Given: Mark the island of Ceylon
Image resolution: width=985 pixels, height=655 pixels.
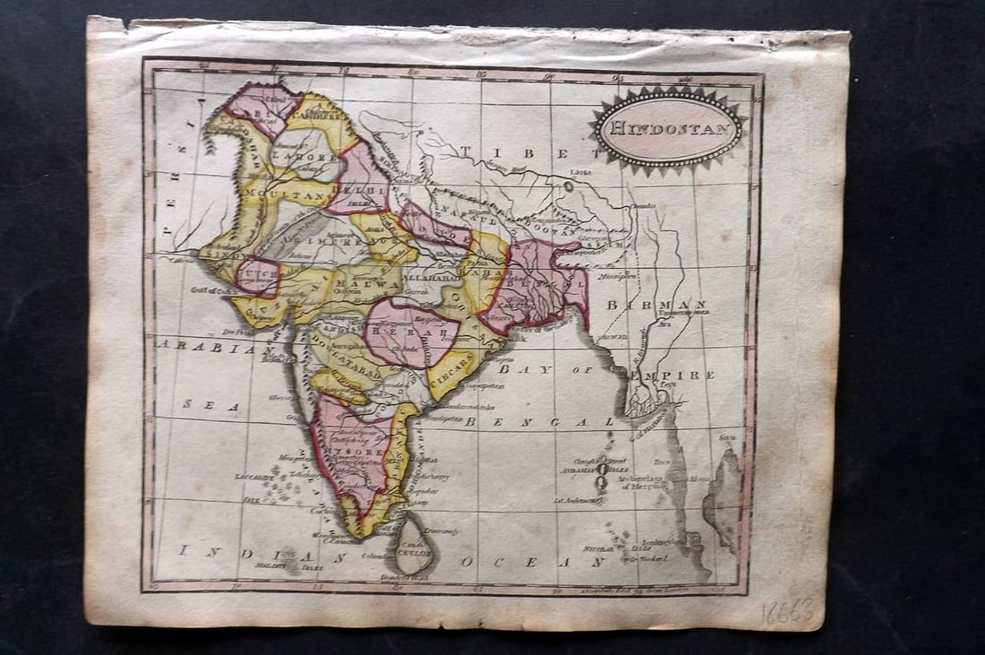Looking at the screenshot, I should click(415, 541).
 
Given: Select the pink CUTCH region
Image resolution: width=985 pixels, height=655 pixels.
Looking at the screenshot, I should click(256, 275).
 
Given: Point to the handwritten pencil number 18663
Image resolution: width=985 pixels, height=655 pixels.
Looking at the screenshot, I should click(787, 613).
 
